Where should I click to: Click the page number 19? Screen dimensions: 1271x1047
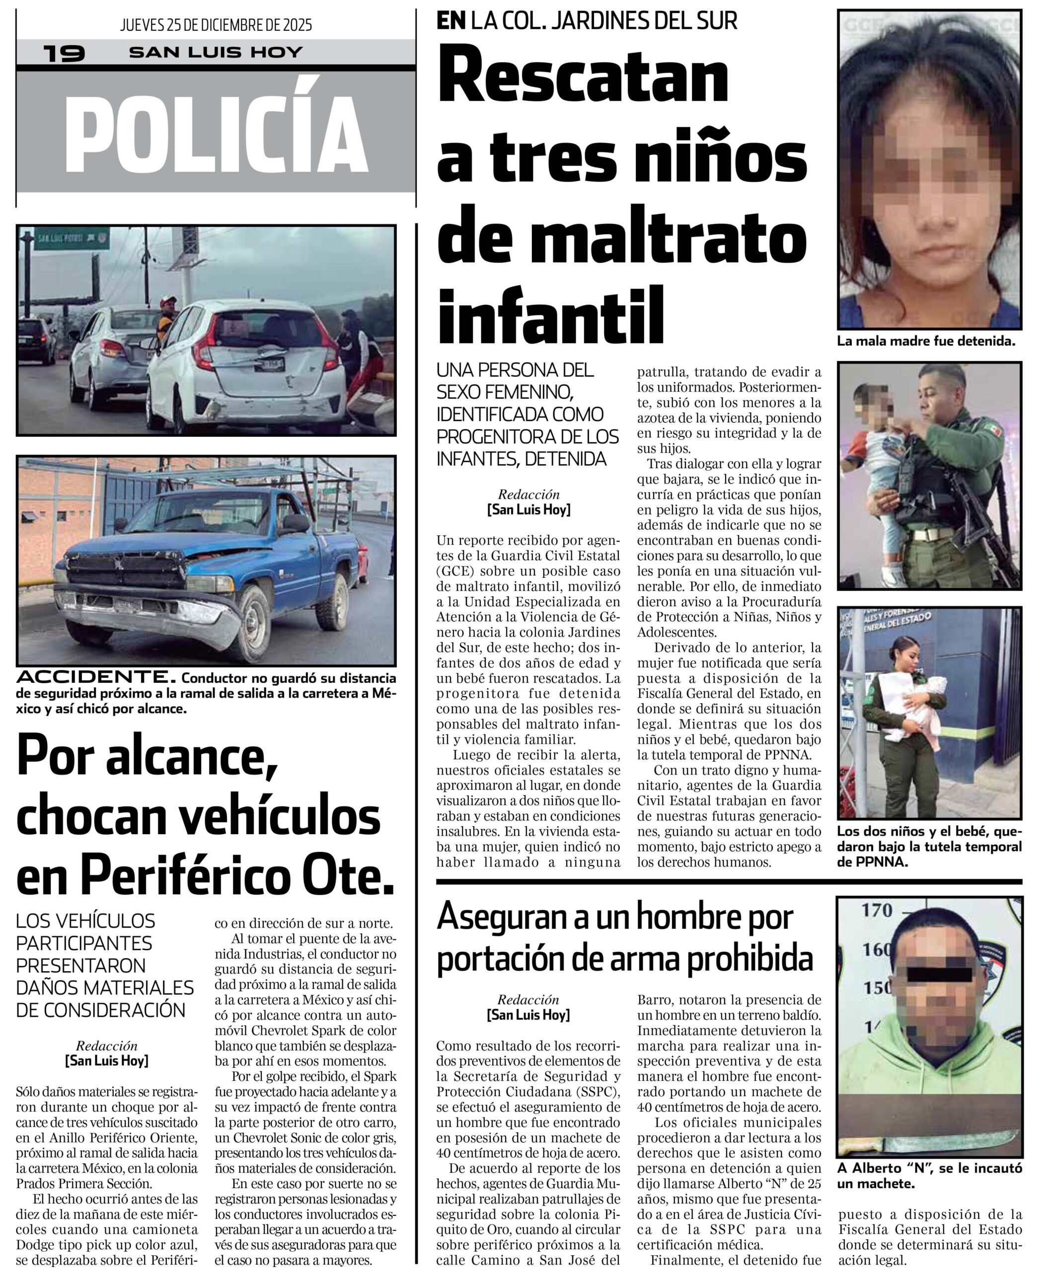click(x=64, y=53)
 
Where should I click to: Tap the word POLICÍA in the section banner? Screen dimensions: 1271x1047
click(x=216, y=134)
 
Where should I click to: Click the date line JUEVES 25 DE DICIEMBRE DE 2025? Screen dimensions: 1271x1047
click(x=216, y=25)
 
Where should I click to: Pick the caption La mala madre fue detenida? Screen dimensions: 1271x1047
click(x=926, y=341)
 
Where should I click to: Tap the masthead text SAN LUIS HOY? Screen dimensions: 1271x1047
click(x=216, y=53)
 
